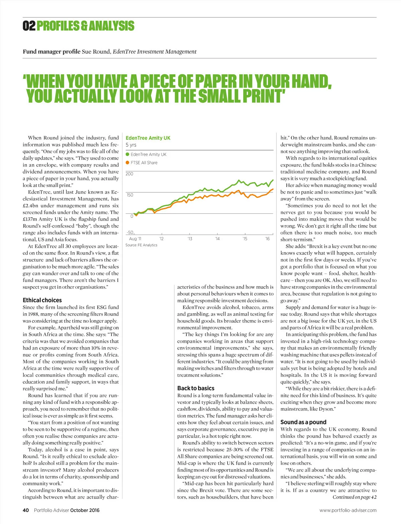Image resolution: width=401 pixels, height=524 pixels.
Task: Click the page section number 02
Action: [x=29, y=26]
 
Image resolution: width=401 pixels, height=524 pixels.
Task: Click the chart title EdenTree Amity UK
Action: [x=148, y=138]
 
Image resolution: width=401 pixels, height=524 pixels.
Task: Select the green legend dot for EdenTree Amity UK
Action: [x=127, y=154]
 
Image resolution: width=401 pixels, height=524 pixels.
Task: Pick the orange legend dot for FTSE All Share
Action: [x=127, y=163]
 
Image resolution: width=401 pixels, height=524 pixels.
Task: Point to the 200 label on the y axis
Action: [x=129, y=174]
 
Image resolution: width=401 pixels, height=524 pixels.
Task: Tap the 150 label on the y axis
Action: [x=129, y=195]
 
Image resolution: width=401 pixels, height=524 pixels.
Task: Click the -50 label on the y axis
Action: [x=130, y=232]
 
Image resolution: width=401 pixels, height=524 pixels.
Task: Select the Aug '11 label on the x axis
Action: [x=135, y=239]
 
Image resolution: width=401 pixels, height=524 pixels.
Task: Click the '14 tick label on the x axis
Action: [x=217, y=239]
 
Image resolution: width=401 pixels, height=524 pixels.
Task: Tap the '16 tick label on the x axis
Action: [x=267, y=239]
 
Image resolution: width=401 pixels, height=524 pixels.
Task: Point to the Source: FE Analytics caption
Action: [x=141, y=245]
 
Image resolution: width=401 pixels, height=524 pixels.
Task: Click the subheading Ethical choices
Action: [x=42, y=300]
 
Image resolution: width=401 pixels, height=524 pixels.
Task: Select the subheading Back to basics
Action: [x=195, y=388]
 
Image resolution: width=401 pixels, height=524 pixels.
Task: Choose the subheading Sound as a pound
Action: [x=303, y=422]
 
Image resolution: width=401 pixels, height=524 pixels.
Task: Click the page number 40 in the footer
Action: [x=26, y=510]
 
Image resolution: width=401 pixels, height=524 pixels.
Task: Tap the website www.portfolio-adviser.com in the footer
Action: [x=348, y=510]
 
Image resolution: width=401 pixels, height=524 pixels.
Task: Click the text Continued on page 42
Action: [x=354, y=497]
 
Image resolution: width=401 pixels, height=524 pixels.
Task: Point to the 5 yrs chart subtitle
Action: [x=131, y=145]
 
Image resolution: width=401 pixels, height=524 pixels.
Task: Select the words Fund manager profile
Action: [x=51, y=51]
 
